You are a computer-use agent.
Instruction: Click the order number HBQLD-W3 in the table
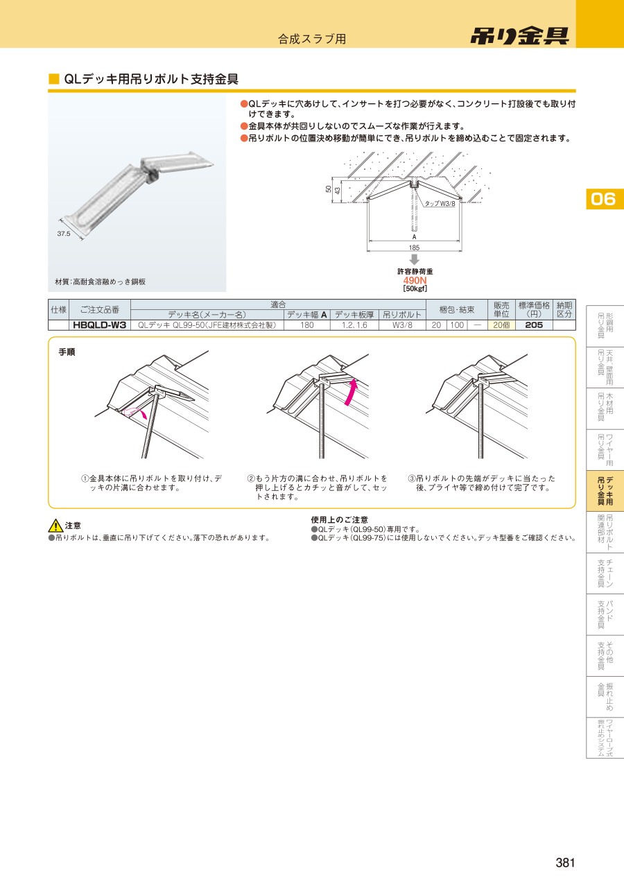100,325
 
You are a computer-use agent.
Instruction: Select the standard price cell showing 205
534,325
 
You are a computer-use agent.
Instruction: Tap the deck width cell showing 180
306,325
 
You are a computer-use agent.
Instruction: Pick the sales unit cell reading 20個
501,325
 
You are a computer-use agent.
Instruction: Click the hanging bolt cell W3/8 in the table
402,325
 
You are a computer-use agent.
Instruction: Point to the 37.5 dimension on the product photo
63,234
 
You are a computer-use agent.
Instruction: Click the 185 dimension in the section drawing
414,248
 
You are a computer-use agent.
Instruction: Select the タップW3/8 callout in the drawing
440,204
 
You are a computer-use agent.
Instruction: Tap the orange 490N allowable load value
415,280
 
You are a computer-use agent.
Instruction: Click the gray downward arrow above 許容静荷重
414,259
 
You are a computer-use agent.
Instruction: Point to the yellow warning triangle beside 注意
55,526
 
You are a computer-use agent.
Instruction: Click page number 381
565,863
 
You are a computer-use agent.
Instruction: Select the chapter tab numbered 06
603,199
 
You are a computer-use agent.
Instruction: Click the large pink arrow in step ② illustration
350,391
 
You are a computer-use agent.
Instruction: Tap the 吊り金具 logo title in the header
520,36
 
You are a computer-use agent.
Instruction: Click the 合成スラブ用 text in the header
312,39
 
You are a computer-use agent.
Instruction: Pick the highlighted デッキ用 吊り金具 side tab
605,491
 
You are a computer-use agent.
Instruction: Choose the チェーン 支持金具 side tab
605,573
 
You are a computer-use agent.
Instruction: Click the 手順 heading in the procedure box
67,352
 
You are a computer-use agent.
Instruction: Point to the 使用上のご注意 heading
339,520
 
